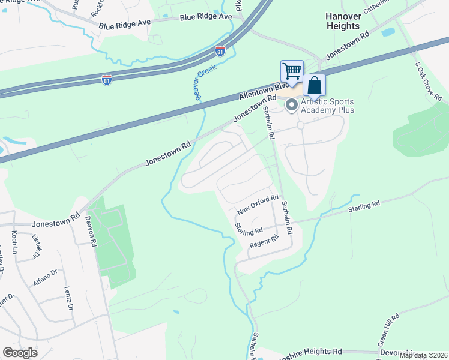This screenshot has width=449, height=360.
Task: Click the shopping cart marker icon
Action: (292, 71)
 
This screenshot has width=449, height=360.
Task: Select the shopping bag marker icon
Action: (315, 86)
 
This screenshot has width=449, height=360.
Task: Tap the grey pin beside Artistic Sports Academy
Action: (292, 105)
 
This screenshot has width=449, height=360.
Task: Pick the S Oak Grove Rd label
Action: (428, 80)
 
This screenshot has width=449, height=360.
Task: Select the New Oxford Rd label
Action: (258, 205)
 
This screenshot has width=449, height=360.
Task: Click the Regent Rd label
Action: (265, 241)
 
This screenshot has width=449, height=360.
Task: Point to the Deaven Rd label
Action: (91, 231)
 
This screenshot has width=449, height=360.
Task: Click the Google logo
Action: (20, 353)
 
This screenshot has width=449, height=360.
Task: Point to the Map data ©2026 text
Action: (423, 356)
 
